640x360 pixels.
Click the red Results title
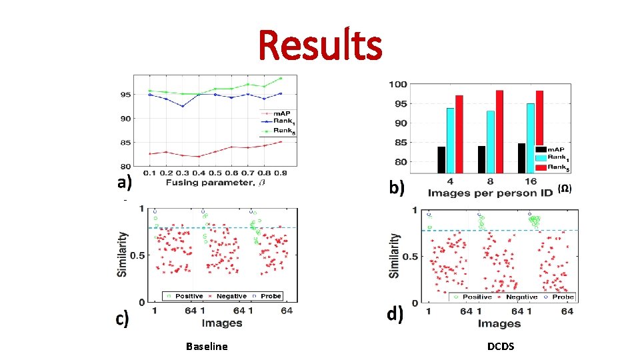pos(320,45)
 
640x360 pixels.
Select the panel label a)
pos(124,183)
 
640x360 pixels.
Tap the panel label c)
pos(122,319)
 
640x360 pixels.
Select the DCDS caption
pos(500,346)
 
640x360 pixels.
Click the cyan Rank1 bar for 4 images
pos(450,140)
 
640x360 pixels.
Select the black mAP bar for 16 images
pos(521,158)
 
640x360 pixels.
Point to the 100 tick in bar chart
pos(398,85)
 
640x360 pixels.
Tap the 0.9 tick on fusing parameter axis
pos(280,173)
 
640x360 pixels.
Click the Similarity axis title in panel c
pos(123,254)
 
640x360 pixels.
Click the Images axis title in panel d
pos(499,323)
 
